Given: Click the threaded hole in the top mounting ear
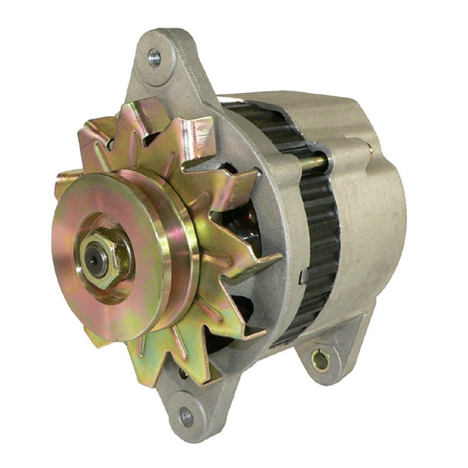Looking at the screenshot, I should tap(154, 57).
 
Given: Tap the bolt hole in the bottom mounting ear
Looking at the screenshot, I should tap(186, 417).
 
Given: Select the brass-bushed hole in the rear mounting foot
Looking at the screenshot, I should tap(320, 359).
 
